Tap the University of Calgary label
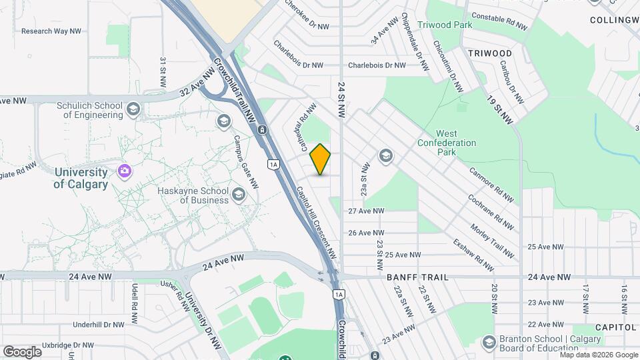(81, 178)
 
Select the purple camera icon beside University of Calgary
(124, 172)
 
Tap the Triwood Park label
(445, 25)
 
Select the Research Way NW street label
(51, 31)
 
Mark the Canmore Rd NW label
(491, 184)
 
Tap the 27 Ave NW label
(367, 211)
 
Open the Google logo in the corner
(22, 351)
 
